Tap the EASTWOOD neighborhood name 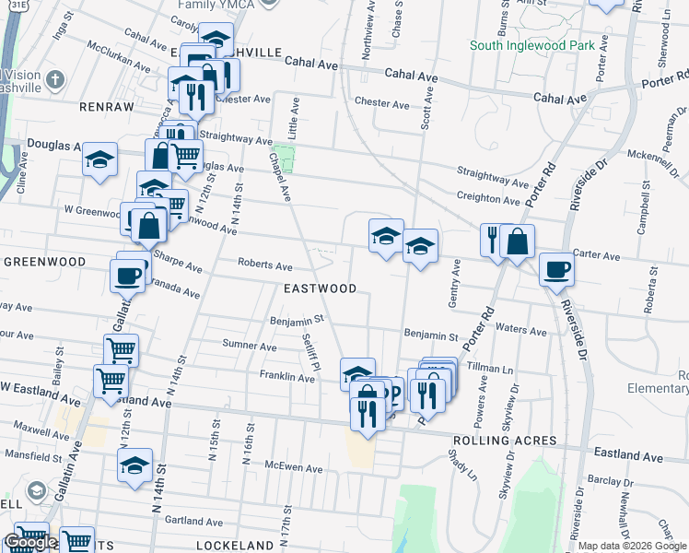[x=320, y=288]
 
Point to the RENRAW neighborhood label [x=107, y=107]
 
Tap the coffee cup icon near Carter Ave [x=555, y=270]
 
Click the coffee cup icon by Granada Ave [x=127, y=275]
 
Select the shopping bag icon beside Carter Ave [x=518, y=241]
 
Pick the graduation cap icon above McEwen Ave [x=134, y=465]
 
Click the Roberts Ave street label [x=265, y=265]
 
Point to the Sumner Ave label [x=250, y=347]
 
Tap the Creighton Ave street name [x=488, y=198]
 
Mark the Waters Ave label [x=528, y=329]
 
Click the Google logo [x=30, y=542]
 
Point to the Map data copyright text [x=632, y=546]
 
